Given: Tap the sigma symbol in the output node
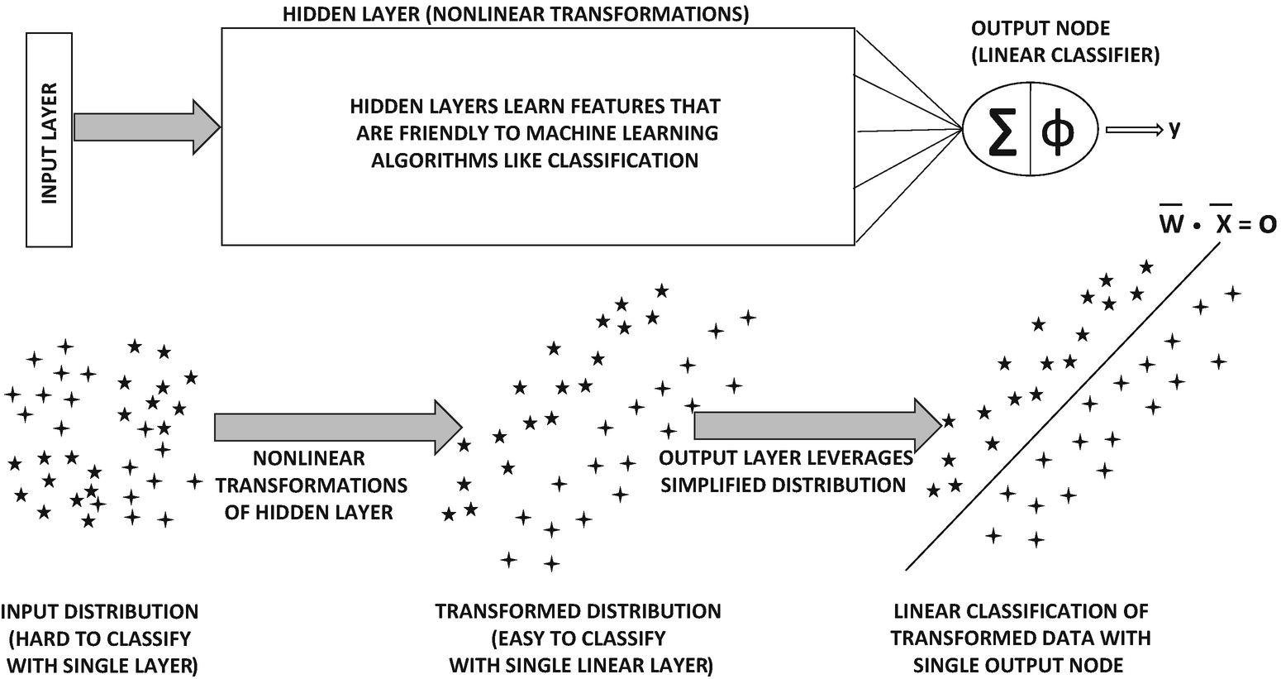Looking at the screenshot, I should click(x=1002, y=130).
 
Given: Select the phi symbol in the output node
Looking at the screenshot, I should click(x=1059, y=130).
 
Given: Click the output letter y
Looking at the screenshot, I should click(x=1174, y=129).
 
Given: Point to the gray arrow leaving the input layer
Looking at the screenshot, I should click(x=145, y=127).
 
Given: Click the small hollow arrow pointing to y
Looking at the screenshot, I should click(x=1131, y=130).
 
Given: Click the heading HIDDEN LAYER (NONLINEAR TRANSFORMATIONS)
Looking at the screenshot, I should click(x=516, y=15).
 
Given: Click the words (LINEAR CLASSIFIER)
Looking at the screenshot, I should click(x=1064, y=55).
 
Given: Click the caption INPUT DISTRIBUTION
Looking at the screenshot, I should click(x=100, y=612).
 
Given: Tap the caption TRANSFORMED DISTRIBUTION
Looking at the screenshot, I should click(x=578, y=612).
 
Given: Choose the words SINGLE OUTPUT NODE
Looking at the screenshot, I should click(x=1020, y=665).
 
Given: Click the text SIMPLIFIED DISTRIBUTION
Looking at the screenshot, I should click(x=783, y=485).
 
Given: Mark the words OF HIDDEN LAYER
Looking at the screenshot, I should click(x=309, y=512).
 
